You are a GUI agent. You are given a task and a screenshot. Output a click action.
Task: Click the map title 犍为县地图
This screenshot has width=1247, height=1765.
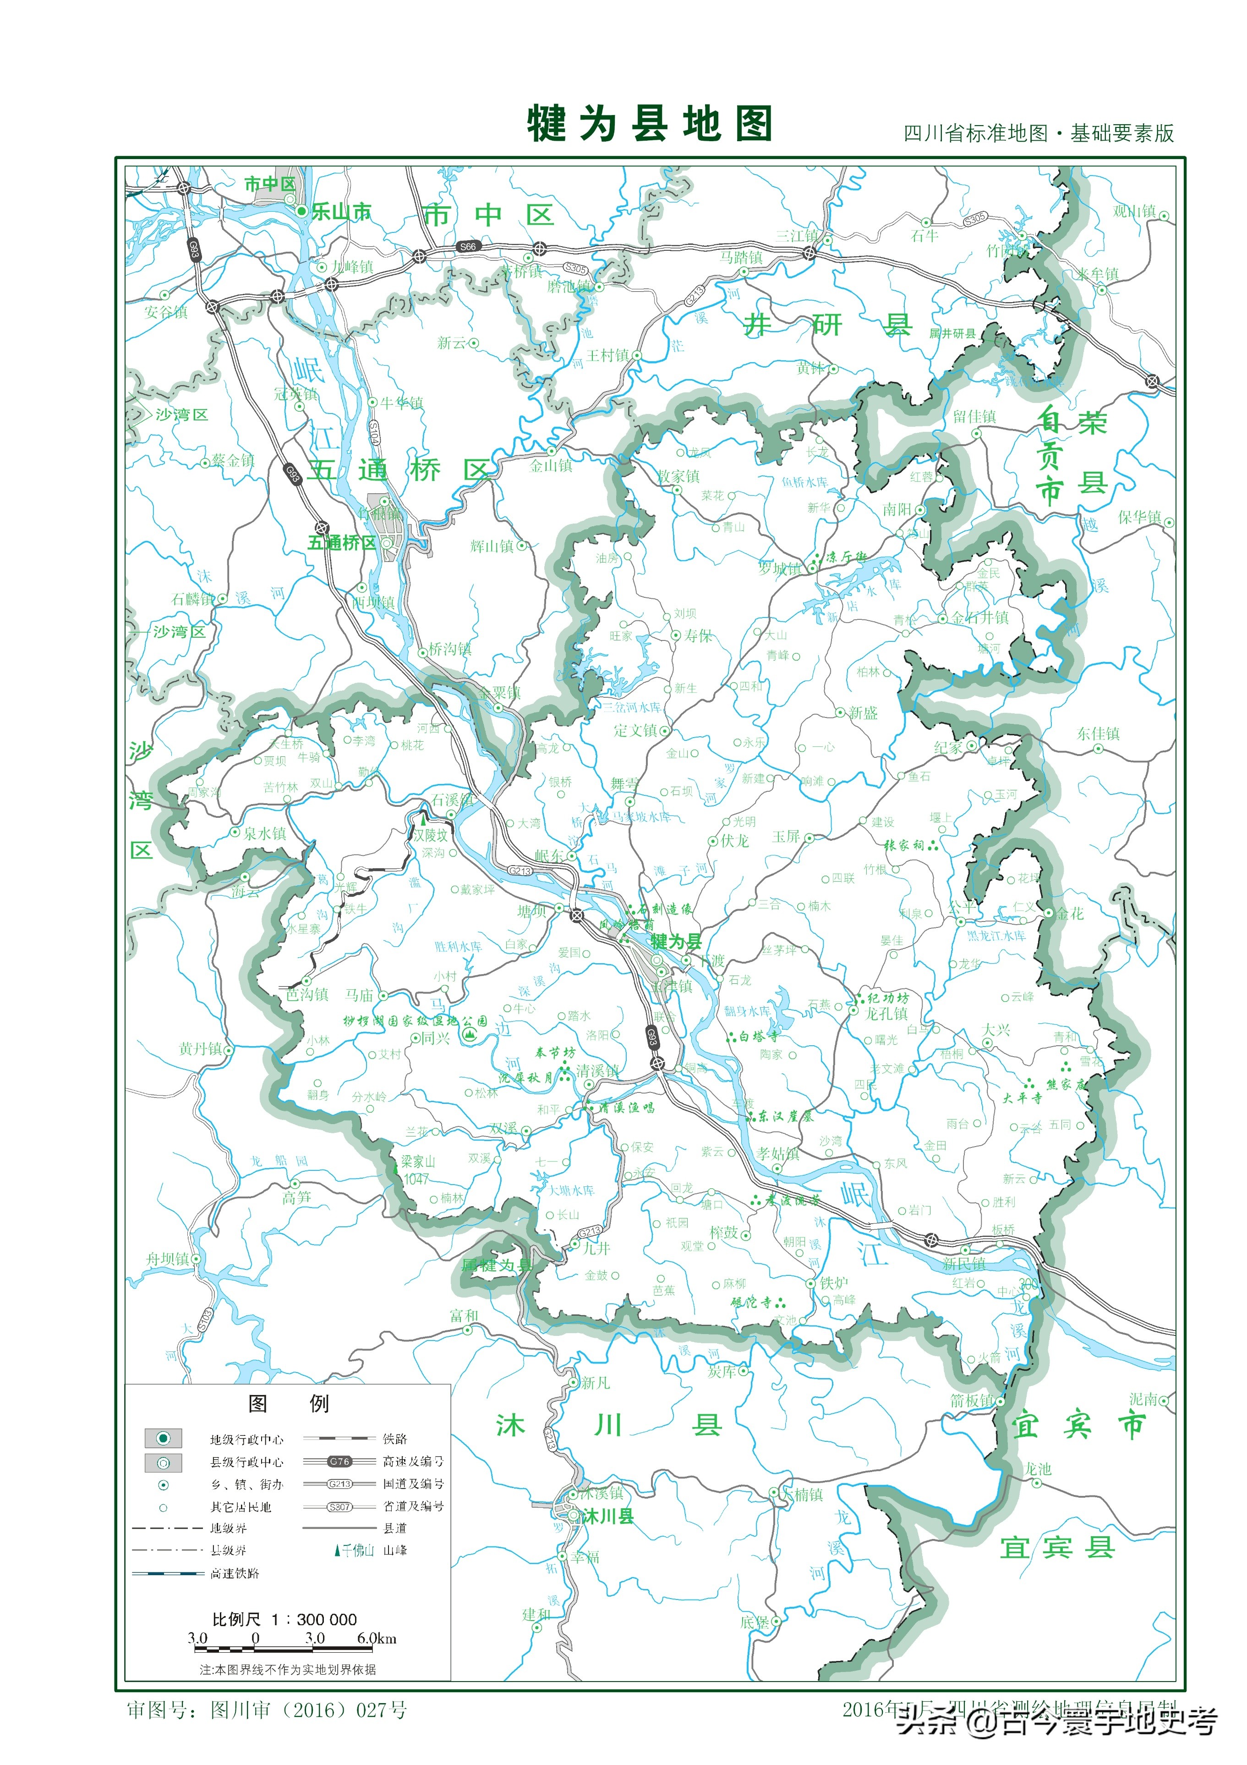point(649,123)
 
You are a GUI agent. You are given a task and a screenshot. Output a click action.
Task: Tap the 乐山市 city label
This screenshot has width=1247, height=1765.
point(340,212)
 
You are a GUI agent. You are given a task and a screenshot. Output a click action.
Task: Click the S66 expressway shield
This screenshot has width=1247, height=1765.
point(468,247)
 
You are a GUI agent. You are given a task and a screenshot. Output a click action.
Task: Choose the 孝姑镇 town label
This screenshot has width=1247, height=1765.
point(777,1154)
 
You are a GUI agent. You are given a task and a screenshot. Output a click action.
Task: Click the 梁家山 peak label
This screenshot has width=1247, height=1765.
point(419,1162)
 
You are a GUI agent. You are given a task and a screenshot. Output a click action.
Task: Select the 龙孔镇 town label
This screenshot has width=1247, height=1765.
point(886,1013)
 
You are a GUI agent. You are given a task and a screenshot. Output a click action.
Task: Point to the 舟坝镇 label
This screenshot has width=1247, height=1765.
point(168,1259)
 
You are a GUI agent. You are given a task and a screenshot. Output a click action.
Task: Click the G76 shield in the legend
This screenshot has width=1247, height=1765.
point(339,1462)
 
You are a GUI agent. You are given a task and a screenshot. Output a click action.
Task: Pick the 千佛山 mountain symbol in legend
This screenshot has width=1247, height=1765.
point(337,1550)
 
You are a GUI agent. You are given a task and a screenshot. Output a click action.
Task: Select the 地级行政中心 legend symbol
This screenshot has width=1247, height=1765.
point(163,1438)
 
